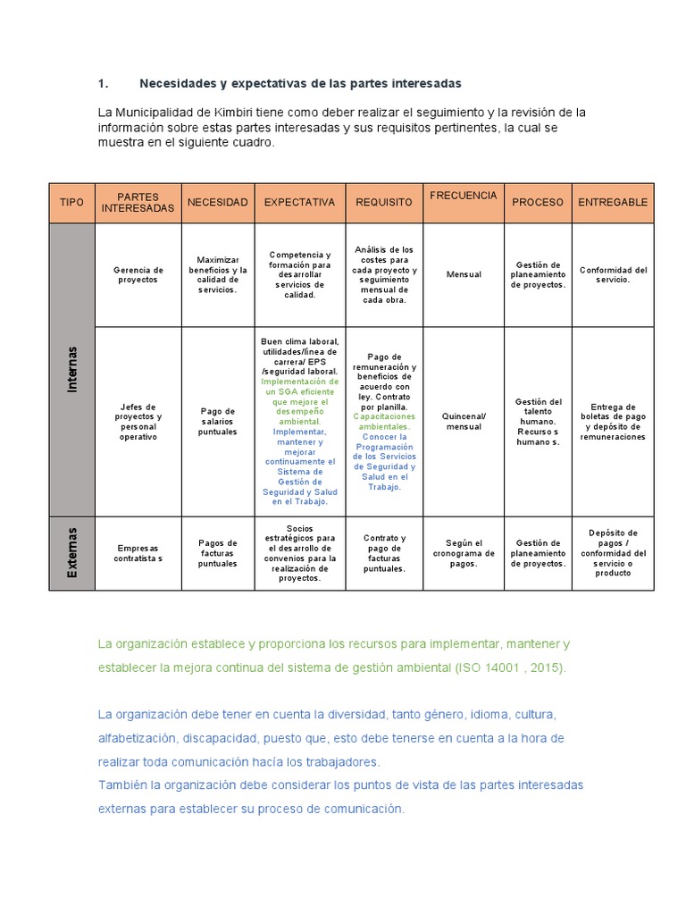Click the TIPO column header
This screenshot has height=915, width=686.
point(71,203)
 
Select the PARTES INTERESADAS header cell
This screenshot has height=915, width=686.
point(138,202)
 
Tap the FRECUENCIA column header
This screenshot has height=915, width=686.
point(463,196)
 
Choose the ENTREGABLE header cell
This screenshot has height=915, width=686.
point(613,203)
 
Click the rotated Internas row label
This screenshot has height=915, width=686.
point(71,368)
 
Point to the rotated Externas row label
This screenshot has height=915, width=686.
point(71,552)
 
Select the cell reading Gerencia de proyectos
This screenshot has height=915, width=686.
point(138,274)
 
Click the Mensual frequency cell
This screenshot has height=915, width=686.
point(464,274)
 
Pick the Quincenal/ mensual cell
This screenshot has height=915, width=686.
point(464,421)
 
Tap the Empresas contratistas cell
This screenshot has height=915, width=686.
point(138,553)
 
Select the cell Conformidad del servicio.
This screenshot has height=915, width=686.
point(613,274)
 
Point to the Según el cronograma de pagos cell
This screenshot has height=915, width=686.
point(464,553)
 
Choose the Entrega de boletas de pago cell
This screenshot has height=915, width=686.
point(613,421)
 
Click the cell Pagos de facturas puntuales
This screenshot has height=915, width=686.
point(218,553)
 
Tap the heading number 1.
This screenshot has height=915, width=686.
point(103,83)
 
